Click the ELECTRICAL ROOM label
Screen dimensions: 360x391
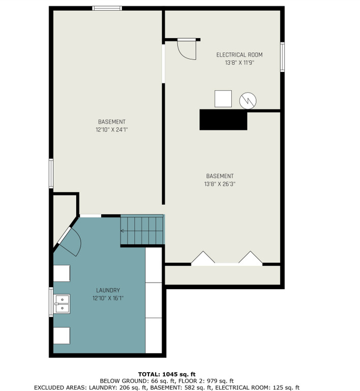click(239, 55)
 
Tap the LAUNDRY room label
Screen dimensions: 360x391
click(108, 290)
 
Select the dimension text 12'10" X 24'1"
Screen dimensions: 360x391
click(112, 130)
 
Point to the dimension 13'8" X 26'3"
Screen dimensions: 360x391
click(220, 184)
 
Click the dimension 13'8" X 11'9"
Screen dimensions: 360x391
click(239, 63)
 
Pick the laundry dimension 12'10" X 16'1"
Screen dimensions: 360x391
click(108, 298)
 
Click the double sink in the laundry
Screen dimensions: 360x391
click(62, 304)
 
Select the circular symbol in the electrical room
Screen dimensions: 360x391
click(248, 101)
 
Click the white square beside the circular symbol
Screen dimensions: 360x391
click(223, 99)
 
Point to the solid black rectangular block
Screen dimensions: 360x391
click(223, 120)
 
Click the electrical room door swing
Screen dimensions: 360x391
click(187, 49)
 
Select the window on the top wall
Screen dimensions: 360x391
click(107, 8)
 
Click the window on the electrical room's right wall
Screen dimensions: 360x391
click(282, 57)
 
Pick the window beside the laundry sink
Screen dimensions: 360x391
click(51, 302)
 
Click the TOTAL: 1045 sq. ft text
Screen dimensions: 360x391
click(167, 374)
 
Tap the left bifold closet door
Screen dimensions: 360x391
click(203, 258)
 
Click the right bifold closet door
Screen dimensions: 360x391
click(251, 258)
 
